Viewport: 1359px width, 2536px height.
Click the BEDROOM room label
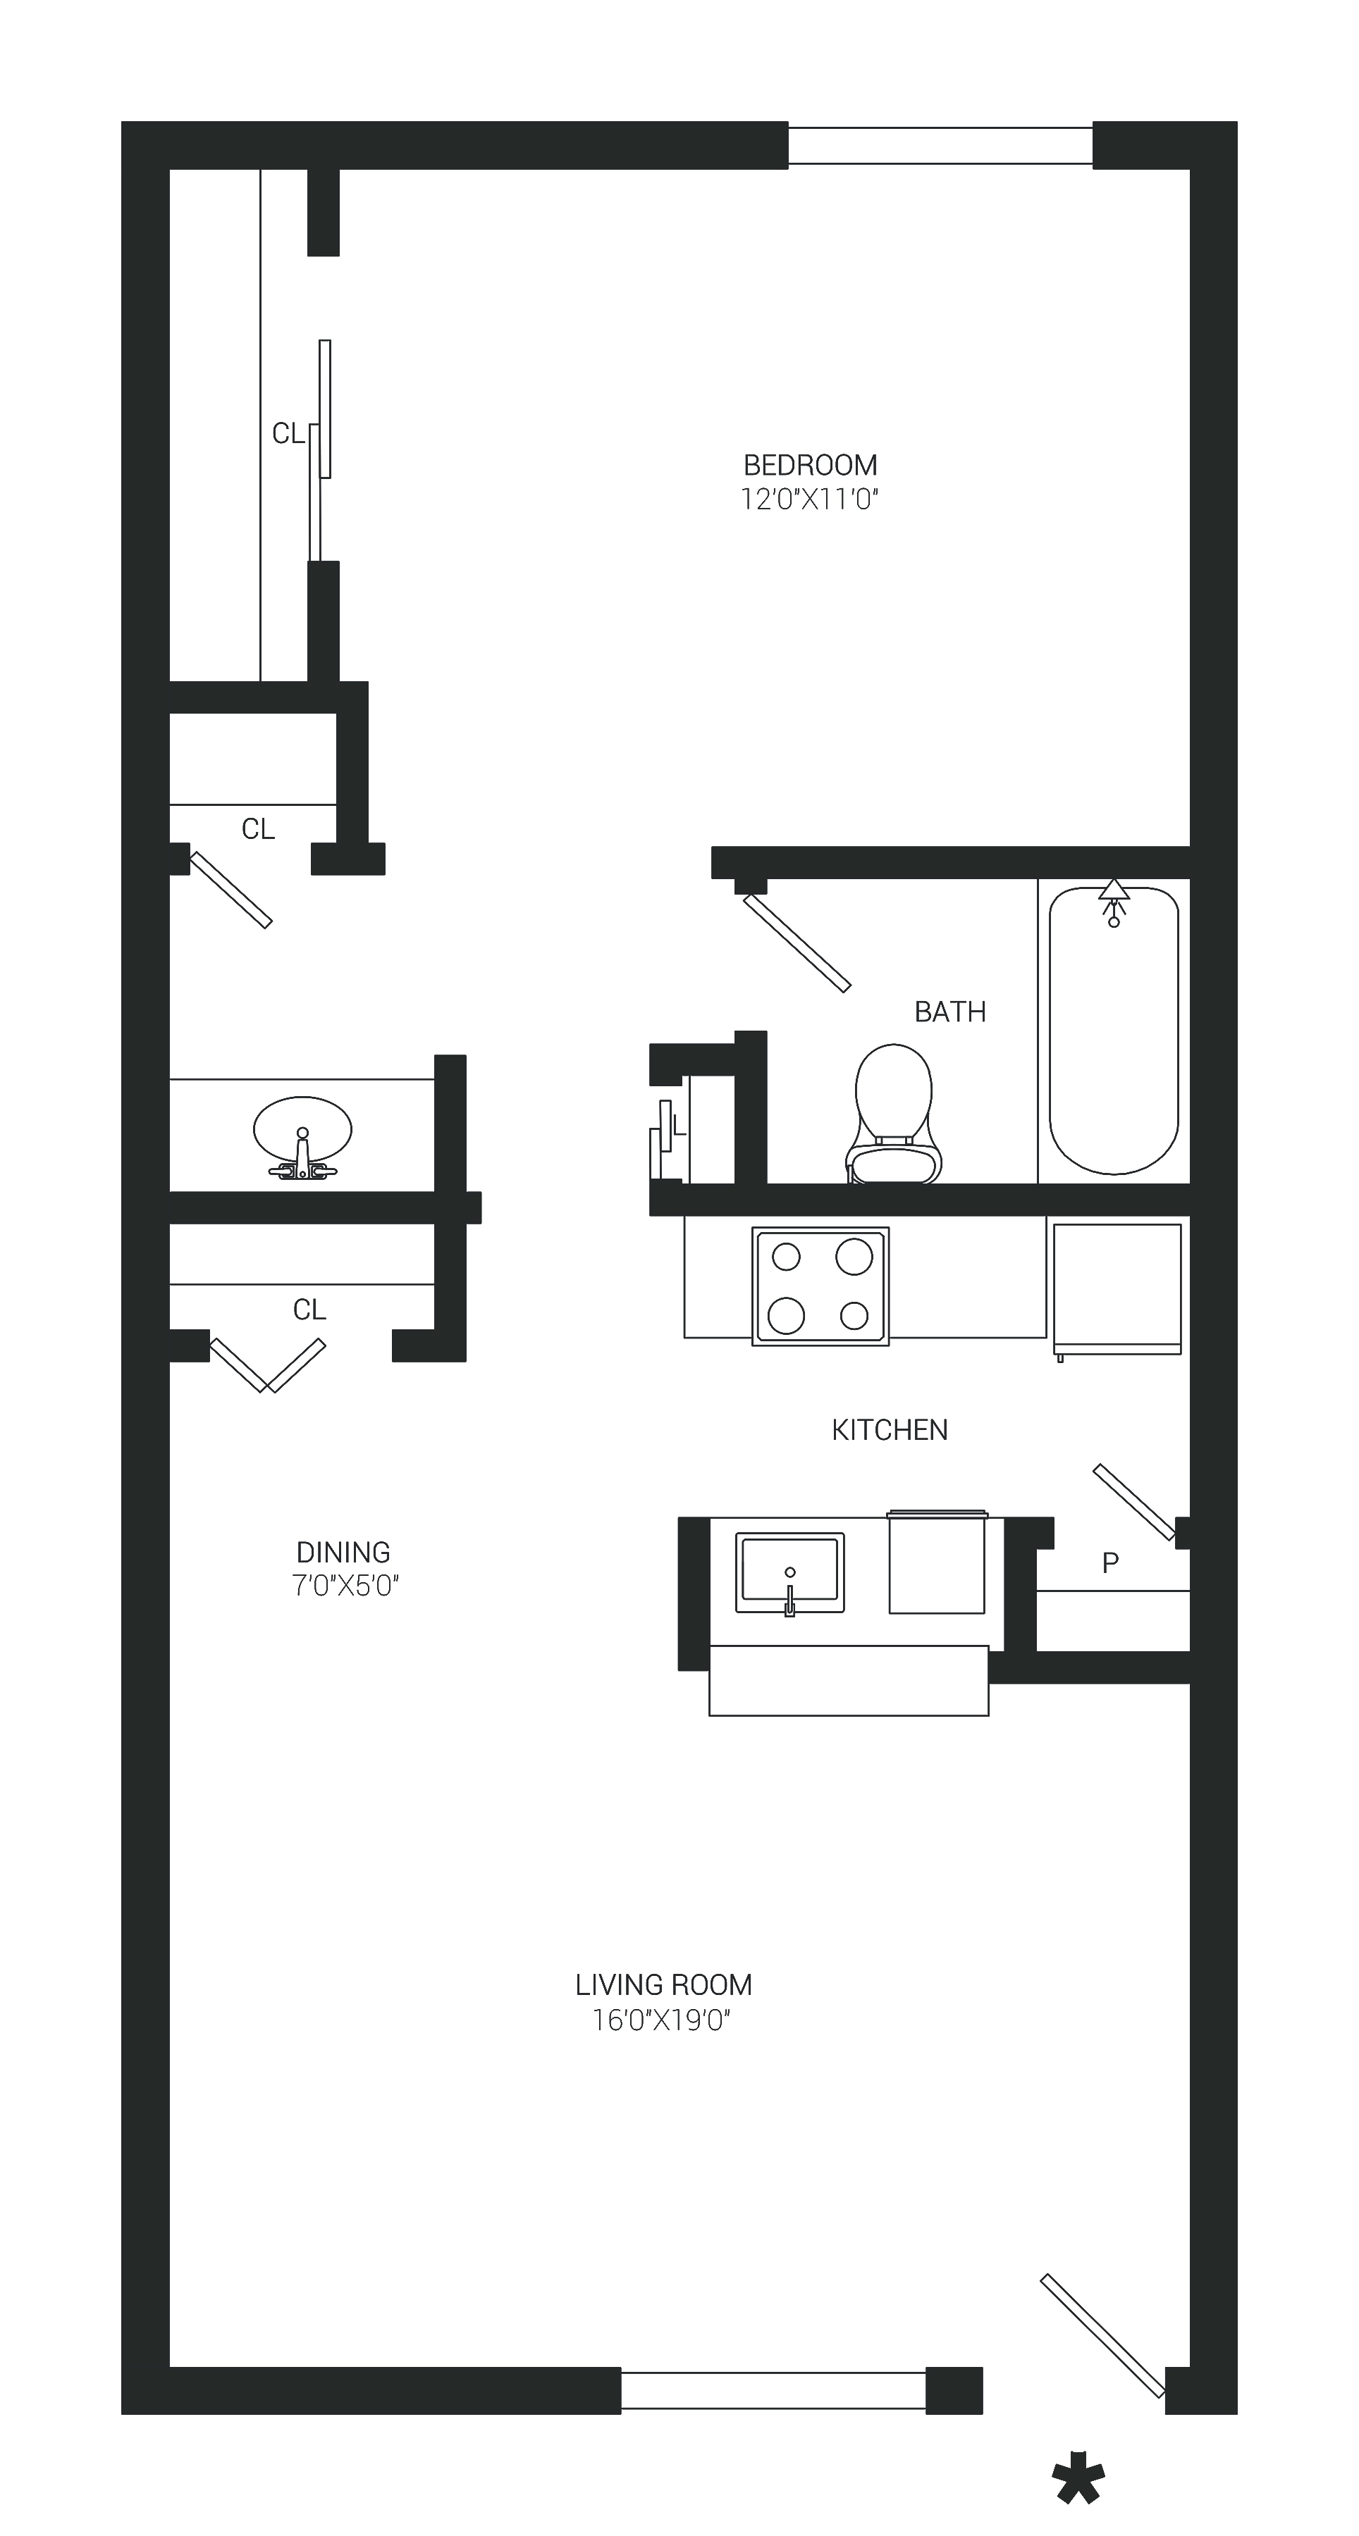809,465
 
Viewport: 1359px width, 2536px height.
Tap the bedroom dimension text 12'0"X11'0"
808,500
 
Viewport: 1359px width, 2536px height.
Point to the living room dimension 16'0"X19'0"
660,2020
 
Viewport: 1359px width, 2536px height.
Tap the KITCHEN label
890,1431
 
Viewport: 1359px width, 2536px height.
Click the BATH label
949,1012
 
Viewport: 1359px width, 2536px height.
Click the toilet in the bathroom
893,1114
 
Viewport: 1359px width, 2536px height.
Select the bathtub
1114,1031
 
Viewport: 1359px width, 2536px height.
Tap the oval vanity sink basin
302,1129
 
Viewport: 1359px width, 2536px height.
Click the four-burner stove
820,1286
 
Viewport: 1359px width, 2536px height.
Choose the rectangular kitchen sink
789,1572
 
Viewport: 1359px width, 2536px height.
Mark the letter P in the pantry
1110,1562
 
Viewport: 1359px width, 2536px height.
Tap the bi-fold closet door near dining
268,1365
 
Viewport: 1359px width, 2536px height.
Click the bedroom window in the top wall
940,146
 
